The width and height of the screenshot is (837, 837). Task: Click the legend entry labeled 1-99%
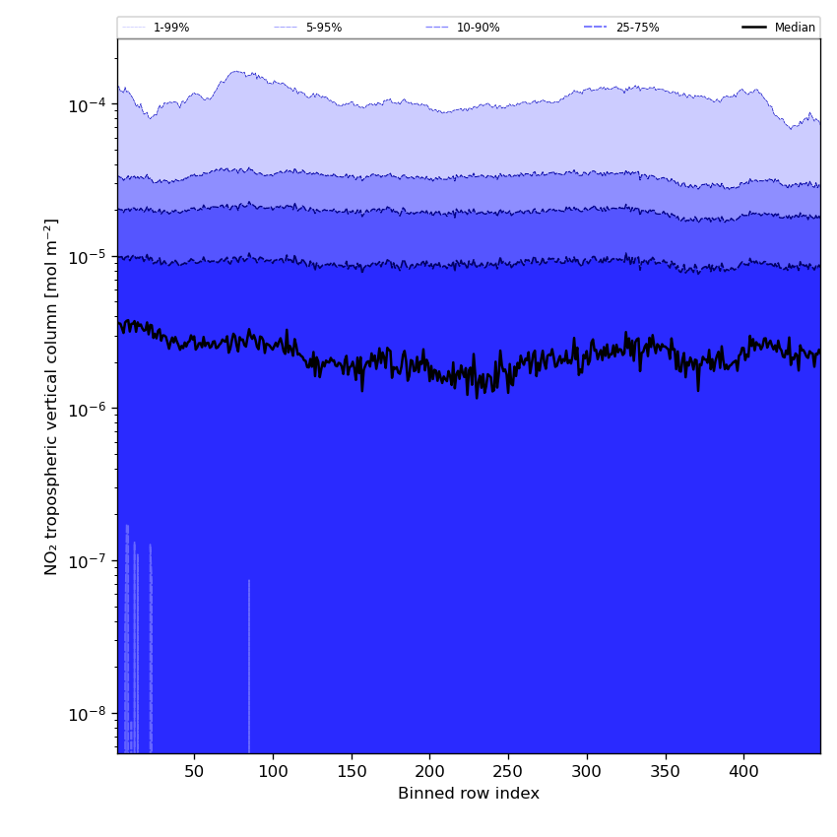(x=156, y=28)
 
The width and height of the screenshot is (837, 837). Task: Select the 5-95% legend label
(x=308, y=28)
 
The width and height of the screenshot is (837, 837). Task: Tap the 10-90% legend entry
(x=463, y=28)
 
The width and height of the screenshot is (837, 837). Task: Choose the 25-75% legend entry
(x=622, y=28)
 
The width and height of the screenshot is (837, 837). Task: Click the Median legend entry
(x=779, y=28)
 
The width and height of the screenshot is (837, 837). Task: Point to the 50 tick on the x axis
(x=194, y=771)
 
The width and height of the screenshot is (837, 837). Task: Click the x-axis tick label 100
(x=273, y=771)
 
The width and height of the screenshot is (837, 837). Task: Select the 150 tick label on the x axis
(x=352, y=771)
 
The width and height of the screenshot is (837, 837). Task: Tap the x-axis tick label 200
(x=429, y=771)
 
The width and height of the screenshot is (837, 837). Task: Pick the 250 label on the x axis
(x=508, y=771)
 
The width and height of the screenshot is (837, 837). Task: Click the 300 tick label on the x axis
(x=587, y=771)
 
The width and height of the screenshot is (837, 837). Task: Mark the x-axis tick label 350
(x=665, y=771)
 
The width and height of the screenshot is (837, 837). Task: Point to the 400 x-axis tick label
(x=743, y=771)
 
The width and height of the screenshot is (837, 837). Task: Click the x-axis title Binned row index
(x=469, y=794)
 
